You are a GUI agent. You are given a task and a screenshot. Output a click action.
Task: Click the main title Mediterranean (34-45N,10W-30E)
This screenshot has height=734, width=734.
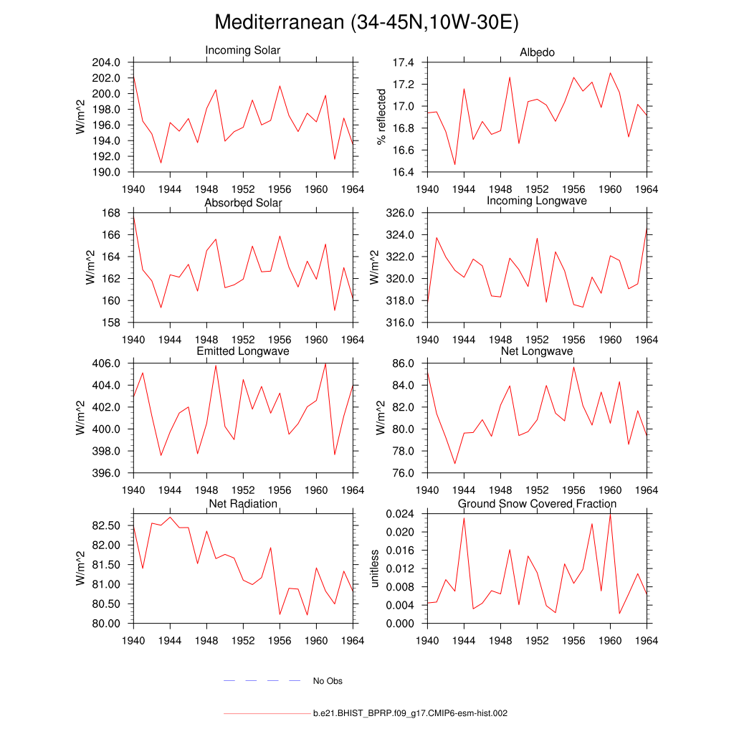pos(366,23)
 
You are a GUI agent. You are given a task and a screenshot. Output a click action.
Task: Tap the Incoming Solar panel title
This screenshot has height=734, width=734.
pos(243,51)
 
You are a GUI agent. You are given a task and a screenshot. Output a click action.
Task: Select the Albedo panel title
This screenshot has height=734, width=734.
pos(537,52)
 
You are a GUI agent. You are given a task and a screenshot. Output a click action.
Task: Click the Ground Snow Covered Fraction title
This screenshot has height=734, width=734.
pos(537,504)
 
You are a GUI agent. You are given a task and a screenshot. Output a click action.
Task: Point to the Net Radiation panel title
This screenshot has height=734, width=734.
pos(243,504)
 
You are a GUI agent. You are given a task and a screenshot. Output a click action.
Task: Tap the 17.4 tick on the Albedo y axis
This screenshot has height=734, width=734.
pos(404,62)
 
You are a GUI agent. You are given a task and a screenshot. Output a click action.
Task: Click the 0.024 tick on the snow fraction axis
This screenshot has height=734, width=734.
pos(399,514)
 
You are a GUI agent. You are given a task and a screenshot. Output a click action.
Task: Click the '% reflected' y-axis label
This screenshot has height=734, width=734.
pos(381,117)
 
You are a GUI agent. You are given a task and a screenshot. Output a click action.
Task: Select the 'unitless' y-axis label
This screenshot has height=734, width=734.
pos(374,568)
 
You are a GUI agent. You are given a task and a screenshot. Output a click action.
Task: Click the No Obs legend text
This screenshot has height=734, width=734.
pos(328,681)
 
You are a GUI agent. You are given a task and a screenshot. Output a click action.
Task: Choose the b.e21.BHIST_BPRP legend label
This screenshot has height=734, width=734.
pos(410,714)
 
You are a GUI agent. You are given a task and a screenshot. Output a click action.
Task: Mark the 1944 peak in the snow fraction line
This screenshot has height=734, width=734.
pos(464,518)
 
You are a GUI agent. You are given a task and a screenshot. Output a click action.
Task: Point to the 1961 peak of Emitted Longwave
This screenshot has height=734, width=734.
pos(325,363)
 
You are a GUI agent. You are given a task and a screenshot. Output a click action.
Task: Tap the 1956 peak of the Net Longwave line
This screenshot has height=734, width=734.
pos(573,367)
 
